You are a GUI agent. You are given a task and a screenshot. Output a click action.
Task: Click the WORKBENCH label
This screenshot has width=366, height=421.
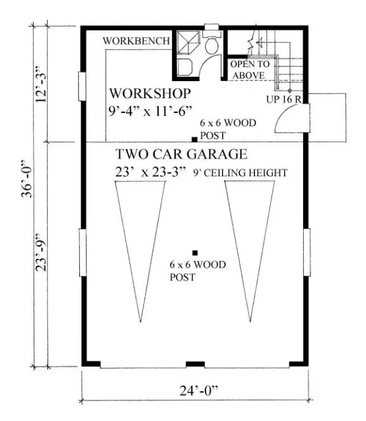pos(136,41)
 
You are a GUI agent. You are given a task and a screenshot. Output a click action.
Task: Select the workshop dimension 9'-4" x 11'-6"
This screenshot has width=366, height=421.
pos(149,111)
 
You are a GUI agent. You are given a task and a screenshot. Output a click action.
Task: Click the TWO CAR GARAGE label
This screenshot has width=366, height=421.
pos(181,155)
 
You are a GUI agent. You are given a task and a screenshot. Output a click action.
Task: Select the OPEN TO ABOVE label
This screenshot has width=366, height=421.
pos(249,70)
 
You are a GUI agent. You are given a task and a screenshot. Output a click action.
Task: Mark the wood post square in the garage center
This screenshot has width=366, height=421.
pos(195,252)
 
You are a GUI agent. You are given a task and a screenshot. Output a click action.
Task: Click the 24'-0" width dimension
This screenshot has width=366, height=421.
pos(194,391)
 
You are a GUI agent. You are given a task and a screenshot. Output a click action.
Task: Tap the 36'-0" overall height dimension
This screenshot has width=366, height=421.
pos(23,196)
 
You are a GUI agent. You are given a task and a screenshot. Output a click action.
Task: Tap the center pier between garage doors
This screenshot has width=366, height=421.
pos(195,364)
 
